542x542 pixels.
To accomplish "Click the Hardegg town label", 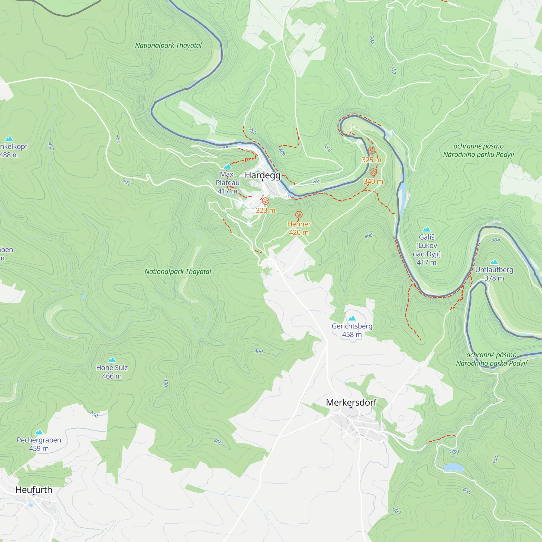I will coord(262,175).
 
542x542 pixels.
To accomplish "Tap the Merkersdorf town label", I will coord(351,402).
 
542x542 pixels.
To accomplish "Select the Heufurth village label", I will coord(34,489).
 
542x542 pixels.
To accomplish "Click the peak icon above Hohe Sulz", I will coord(112,360).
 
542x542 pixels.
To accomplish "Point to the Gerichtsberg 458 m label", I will coord(352,330).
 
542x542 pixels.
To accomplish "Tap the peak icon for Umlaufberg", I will coord(494,262).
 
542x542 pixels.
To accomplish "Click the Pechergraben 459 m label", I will coord(39,444).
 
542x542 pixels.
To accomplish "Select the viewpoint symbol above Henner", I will coord(299,215).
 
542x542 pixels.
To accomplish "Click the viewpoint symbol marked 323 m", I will coord(265,201).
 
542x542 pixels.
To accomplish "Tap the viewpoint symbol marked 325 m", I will coord(372,150).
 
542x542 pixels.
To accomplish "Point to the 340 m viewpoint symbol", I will coord(373,172).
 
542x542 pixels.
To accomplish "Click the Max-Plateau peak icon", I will coord(228,166).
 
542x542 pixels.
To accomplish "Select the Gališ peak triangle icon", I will coord(426,229).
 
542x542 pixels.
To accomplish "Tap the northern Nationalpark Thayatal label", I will coord(168,46).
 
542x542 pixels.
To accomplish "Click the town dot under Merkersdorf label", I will coord(351,407).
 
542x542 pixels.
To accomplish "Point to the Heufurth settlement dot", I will coord(34,495).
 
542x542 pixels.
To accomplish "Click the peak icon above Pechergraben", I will coord(39,432).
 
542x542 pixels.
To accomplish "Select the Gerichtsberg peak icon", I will coord(352,318).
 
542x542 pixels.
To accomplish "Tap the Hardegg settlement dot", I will coord(263,180).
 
